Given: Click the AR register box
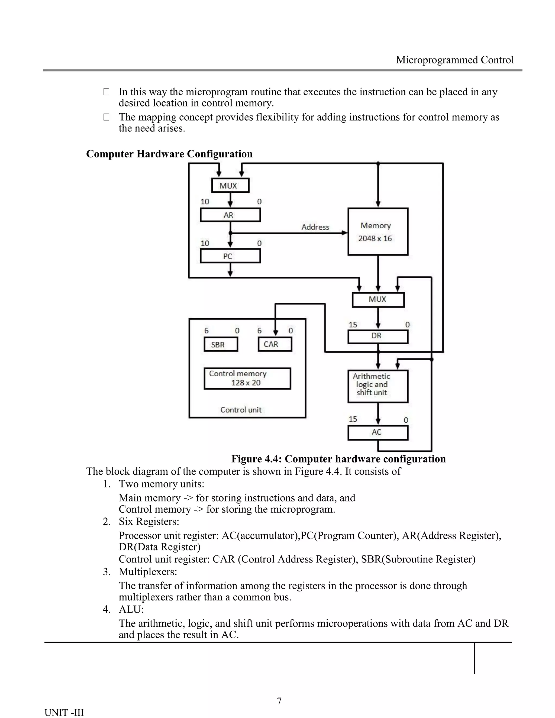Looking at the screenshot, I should (230, 215).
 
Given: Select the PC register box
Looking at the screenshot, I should (230, 256).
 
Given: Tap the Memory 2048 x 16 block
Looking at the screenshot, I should (378, 232).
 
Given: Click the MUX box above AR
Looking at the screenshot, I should (230, 185).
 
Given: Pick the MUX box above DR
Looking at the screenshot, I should (378, 299).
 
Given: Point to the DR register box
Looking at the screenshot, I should (378, 336).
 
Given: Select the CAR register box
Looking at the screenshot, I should (275, 344).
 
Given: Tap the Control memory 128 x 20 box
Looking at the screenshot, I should (247, 379).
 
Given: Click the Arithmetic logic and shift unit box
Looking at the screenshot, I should (378, 386).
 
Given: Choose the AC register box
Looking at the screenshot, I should (378, 433).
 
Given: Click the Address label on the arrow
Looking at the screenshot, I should (315, 227).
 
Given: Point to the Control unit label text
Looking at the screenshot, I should (241, 410).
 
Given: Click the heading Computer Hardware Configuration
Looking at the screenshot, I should (169, 154).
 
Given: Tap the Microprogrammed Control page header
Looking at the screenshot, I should (454, 60).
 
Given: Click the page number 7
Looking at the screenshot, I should (279, 701).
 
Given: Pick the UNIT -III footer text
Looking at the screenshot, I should (64, 712).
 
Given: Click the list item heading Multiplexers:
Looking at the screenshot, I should (148, 572).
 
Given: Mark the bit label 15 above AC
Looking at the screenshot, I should (353, 419).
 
